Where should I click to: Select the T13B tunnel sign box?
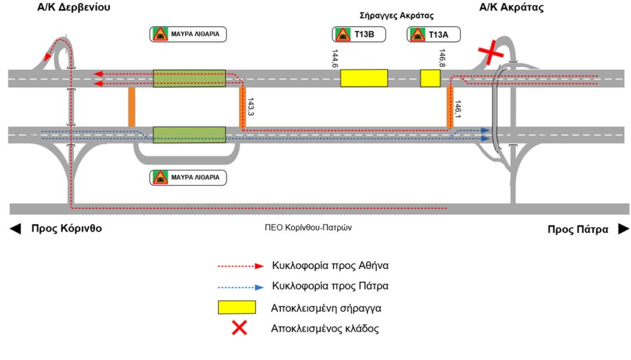tap(358, 34)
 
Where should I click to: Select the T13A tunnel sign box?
tap(433, 34)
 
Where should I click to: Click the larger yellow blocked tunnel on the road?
tap(364, 78)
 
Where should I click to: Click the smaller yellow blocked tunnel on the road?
tap(430, 78)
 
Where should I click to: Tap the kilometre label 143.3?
tap(251, 107)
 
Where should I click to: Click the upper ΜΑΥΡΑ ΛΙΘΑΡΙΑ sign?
tap(188, 34)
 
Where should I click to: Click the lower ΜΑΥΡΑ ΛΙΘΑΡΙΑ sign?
tap(188, 177)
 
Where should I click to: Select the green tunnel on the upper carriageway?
tap(189, 78)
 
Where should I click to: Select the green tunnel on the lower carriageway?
tap(189, 135)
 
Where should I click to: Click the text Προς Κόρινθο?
tap(66, 229)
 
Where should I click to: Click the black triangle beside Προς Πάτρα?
tap(623, 229)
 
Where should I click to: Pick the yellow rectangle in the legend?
tap(237, 308)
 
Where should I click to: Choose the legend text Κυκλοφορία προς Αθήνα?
tap(330, 265)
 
